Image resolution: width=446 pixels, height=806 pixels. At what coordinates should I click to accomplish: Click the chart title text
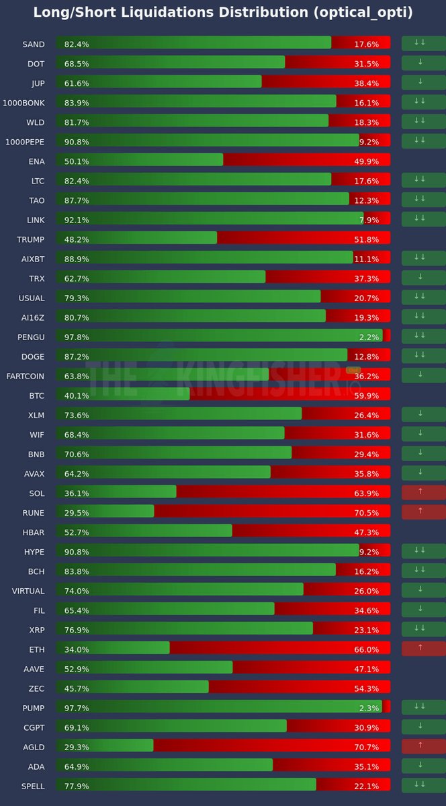(x=223, y=13)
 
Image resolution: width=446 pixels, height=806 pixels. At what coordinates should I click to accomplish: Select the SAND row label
(x=34, y=44)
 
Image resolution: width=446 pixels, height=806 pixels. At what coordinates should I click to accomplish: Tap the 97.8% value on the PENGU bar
(x=77, y=337)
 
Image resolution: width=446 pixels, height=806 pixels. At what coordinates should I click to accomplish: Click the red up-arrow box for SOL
(x=423, y=493)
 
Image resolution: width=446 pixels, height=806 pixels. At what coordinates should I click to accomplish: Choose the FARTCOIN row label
(x=26, y=376)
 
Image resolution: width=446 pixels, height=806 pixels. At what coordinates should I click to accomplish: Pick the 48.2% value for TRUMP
(x=77, y=239)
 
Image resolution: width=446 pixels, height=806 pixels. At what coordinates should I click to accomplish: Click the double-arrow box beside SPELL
(x=423, y=786)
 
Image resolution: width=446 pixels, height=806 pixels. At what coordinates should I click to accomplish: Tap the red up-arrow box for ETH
(x=423, y=649)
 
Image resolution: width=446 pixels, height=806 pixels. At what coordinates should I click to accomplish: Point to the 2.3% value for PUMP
(x=369, y=708)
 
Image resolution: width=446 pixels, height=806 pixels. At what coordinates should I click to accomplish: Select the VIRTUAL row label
(x=28, y=591)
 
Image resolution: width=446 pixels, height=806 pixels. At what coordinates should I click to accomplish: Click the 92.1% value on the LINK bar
(x=77, y=220)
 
